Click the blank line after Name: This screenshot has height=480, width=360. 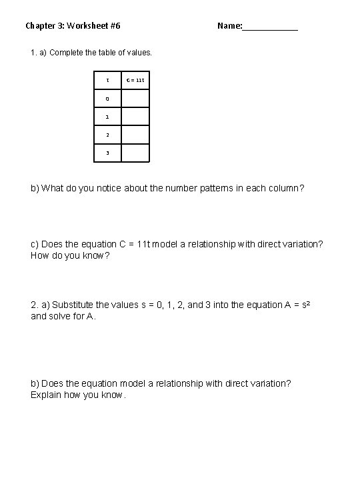click(270, 27)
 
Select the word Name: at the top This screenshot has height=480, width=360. click(229, 26)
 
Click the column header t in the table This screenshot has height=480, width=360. click(107, 80)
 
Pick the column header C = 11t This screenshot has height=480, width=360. click(135, 80)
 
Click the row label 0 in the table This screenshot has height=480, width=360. click(107, 99)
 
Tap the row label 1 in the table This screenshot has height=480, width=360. click(107, 117)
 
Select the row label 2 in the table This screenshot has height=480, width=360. click(107, 135)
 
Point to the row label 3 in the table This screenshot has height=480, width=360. click(107, 153)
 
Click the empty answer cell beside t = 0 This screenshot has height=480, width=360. click(135, 99)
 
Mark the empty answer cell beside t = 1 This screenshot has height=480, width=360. click(135, 117)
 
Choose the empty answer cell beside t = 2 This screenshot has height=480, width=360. click(135, 135)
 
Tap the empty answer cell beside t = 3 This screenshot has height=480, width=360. click(135, 153)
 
